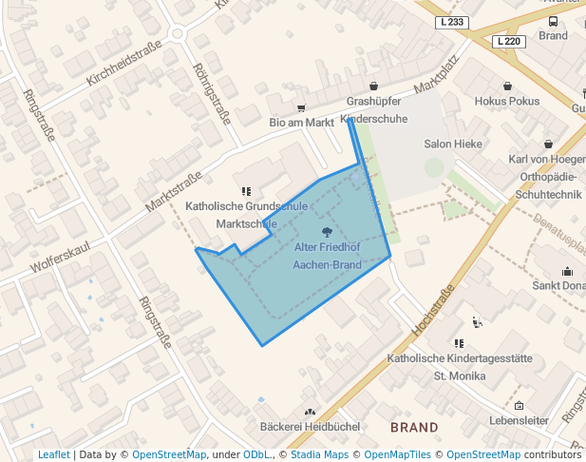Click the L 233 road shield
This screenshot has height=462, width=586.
pyautogui.click(x=454, y=22)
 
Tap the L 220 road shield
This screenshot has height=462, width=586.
pyautogui.click(x=509, y=42)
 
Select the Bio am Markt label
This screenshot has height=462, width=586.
pyautogui.click(x=302, y=122)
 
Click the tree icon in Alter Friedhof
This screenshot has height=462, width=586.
pyautogui.click(x=328, y=231)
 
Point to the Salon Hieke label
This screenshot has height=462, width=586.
pyautogui.click(x=453, y=144)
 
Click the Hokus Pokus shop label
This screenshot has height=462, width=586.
pyautogui.click(x=506, y=101)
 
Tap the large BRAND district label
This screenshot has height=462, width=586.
pyautogui.click(x=414, y=428)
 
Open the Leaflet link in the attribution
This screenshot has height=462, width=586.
pyautogui.click(x=53, y=454)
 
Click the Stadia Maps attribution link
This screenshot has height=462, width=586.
pyautogui.click(x=319, y=454)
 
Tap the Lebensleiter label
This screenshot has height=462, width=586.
pyautogui.click(x=519, y=419)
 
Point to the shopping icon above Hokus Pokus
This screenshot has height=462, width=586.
pyautogui.click(x=507, y=86)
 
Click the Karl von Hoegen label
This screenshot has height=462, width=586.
pyautogui.click(x=547, y=159)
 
